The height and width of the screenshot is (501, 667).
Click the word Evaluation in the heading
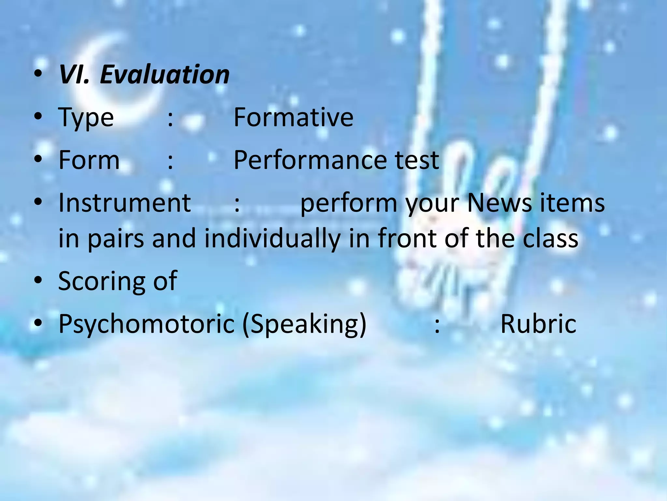pyautogui.click(x=164, y=74)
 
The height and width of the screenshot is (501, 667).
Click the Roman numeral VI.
pyautogui.click(x=74, y=74)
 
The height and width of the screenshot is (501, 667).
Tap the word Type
pyautogui.click(x=86, y=117)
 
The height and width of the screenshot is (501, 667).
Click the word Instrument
pyautogui.click(x=124, y=203)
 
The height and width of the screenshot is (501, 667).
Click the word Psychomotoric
pyautogui.click(x=146, y=324)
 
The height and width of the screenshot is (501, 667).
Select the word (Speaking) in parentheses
pyautogui.click(x=304, y=324)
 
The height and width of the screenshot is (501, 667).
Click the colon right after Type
pyautogui.click(x=170, y=118)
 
